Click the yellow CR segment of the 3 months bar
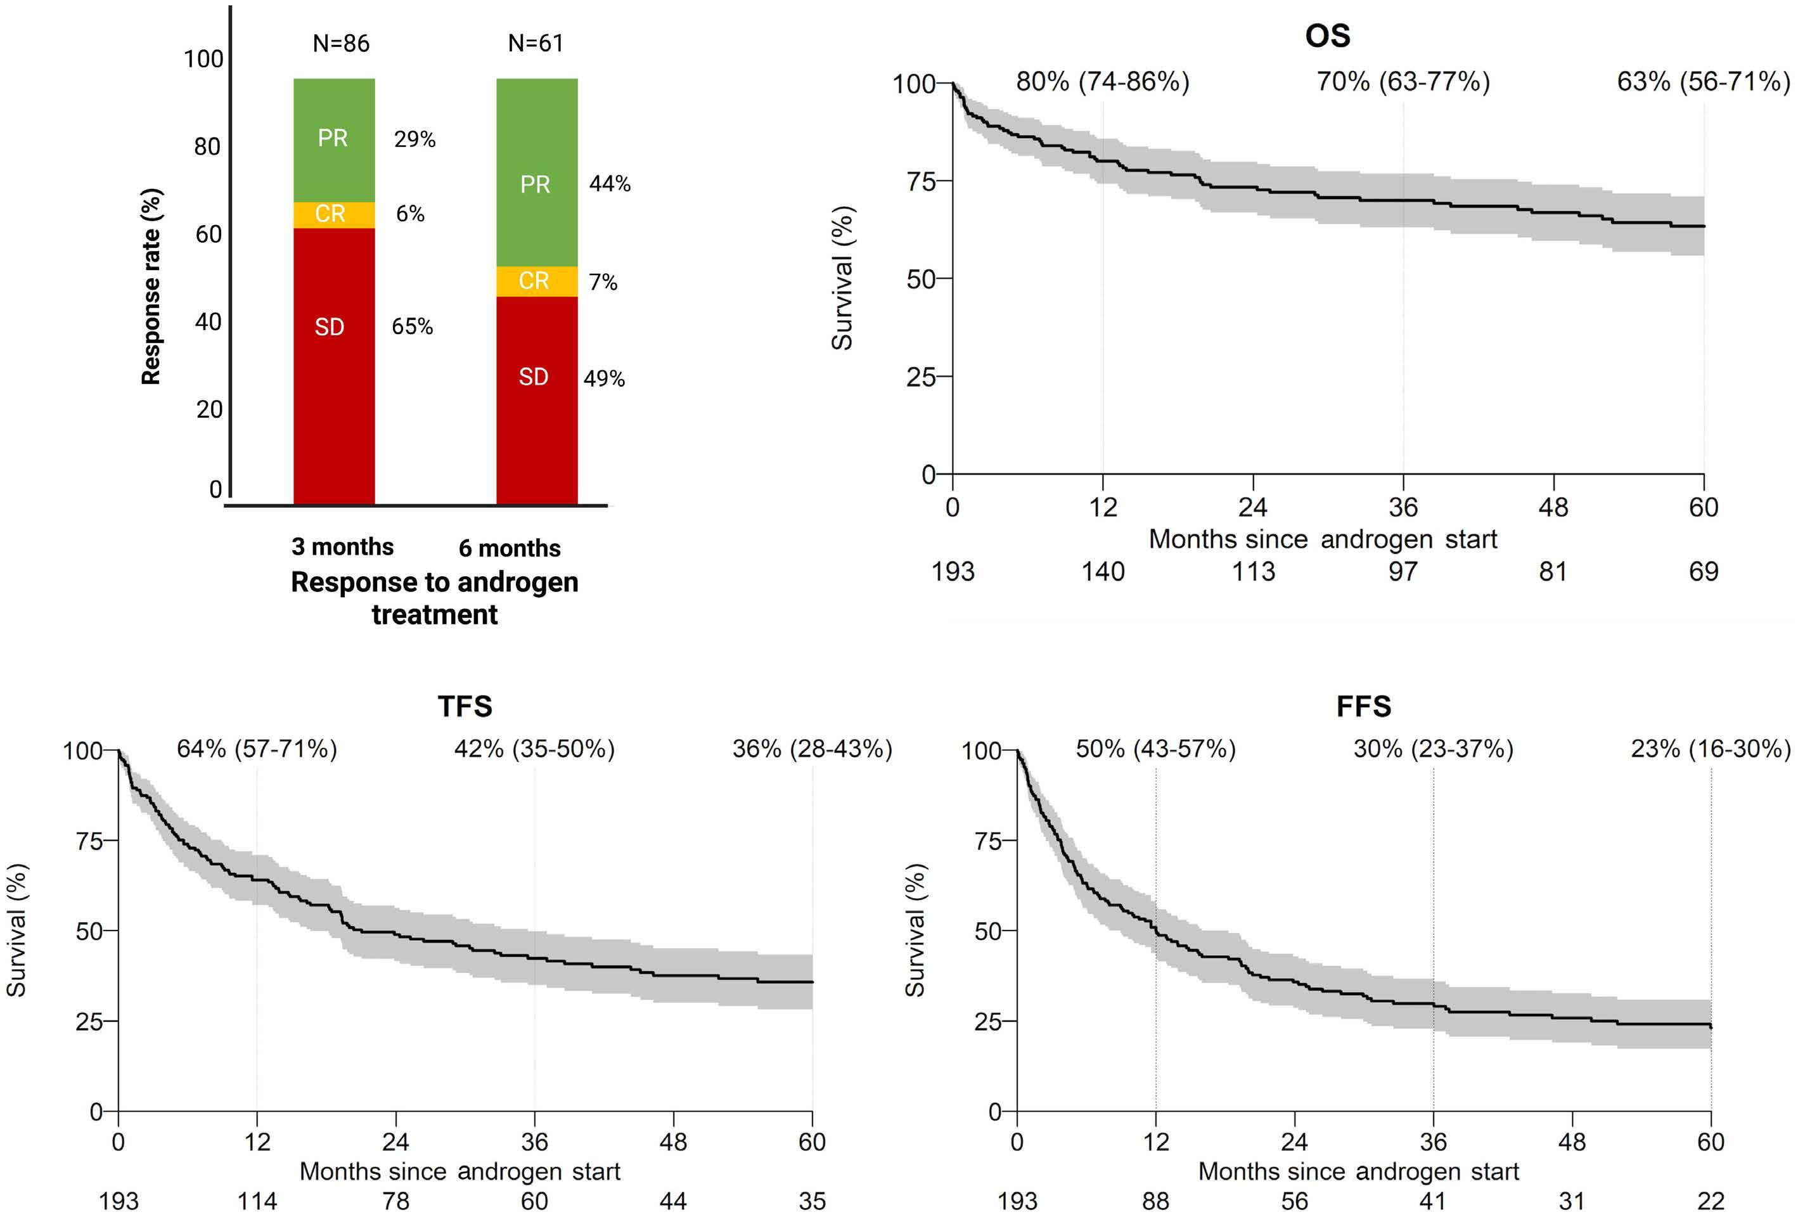pos(333,214)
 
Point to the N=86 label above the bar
pos(341,43)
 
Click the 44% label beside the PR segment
pos(610,183)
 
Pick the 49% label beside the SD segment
pos(603,378)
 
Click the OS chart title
pos(1327,35)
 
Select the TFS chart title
pos(465,705)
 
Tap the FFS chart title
pos(1363,705)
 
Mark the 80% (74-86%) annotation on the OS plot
pos(1103,81)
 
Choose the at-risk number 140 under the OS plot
pos(1103,572)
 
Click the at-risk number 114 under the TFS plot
pos(257,1201)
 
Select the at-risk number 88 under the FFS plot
pos(1155,1201)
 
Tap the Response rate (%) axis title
pos(151,287)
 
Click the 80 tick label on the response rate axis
pos(207,146)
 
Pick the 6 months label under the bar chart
pos(509,548)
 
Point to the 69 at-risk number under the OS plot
pos(1703,572)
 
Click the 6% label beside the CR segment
pos(410,214)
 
